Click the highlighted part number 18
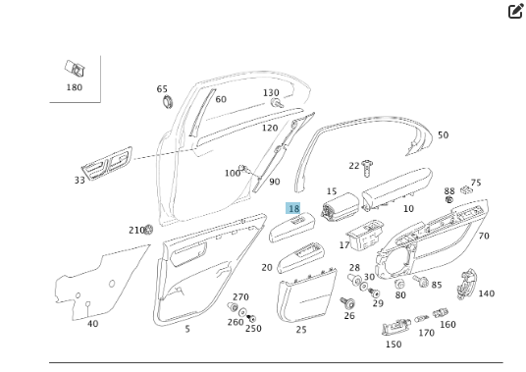pos(293,209)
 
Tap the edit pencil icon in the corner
pos(515,12)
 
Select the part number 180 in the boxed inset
pos(75,87)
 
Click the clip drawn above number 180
pos(75,69)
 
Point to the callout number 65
pos(162,89)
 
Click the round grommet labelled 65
pos(164,101)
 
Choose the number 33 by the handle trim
pos(79,181)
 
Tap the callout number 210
pos(135,230)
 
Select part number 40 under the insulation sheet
pos(92,323)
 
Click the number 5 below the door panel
pos(187,329)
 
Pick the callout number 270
pos(240,297)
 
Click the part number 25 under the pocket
pos(301,329)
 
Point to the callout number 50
pos(443,135)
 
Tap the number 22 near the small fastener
pos(354,166)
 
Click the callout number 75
pos(476,183)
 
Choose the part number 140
pos(487,293)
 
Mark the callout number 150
pos(394,345)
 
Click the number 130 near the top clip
pos(271,93)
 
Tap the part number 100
pos(232,174)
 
